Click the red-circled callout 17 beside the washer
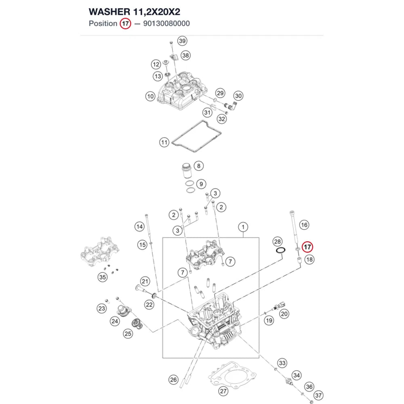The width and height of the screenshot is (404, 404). click(307, 247)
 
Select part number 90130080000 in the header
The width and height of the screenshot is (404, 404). click(166, 23)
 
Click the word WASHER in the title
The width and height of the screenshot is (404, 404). click(109, 12)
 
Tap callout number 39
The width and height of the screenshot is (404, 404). click(182, 41)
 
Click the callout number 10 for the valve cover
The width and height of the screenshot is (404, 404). click(150, 97)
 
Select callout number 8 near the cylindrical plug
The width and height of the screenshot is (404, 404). click(199, 166)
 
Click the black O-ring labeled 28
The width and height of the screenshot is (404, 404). click(280, 250)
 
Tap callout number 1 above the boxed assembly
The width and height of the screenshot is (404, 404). click(243, 227)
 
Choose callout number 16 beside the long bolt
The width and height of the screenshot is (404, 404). click(304, 225)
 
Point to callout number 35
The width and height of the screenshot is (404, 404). click(103, 277)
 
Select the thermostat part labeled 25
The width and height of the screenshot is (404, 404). click(137, 324)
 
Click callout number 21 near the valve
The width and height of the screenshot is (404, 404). click(145, 281)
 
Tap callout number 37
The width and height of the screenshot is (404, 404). click(318, 396)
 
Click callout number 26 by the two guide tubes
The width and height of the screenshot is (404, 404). click(173, 379)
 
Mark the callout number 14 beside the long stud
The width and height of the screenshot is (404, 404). click(139, 227)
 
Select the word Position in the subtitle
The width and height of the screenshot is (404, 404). click(103, 23)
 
